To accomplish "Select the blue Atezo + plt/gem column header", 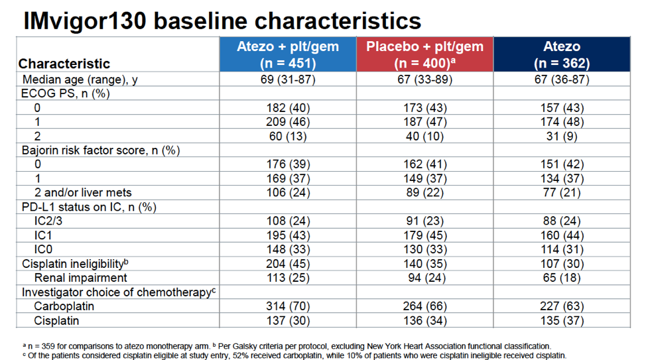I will click(x=288, y=54).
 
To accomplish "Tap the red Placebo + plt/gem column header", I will click(x=426, y=54).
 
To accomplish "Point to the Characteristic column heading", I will click(x=64, y=64).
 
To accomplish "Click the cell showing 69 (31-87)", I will click(x=288, y=80).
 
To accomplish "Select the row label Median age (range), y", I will click(x=83, y=80).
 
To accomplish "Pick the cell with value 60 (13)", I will click(x=288, y=136).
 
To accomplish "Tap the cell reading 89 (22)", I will click(x=426, y=192).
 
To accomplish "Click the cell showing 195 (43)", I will click(x=288, y=235).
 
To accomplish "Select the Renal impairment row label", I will click(x=80, y=277).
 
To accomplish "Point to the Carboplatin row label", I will click(x=64, y=306).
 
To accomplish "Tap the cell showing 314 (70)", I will click(x=288, y=306).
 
